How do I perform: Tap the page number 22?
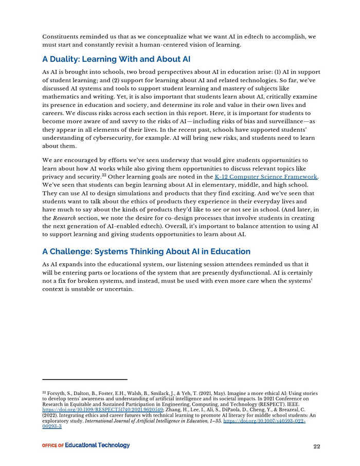317,446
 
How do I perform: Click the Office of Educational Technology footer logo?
86,445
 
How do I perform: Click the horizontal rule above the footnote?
84,380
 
